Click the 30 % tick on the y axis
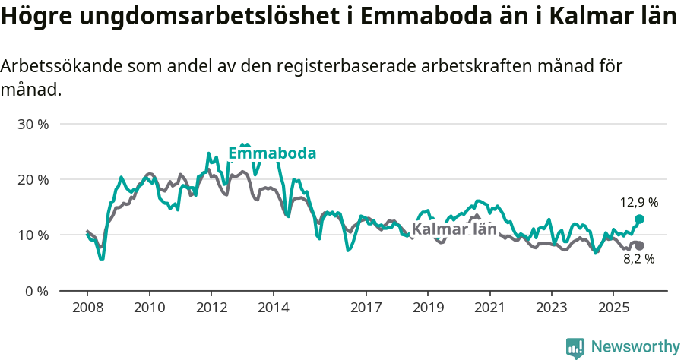pos(33,124)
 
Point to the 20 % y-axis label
pos(33,179)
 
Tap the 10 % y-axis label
pos(33,235)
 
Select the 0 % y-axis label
pos(36,291)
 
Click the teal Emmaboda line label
pos(272,154)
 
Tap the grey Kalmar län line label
pos(454,229)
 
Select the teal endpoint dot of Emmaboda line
pos(639,219)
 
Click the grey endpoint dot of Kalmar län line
pos(639,245)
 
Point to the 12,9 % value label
pos(639,203)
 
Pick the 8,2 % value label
pos(638,259)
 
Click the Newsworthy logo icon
pos(575,347)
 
